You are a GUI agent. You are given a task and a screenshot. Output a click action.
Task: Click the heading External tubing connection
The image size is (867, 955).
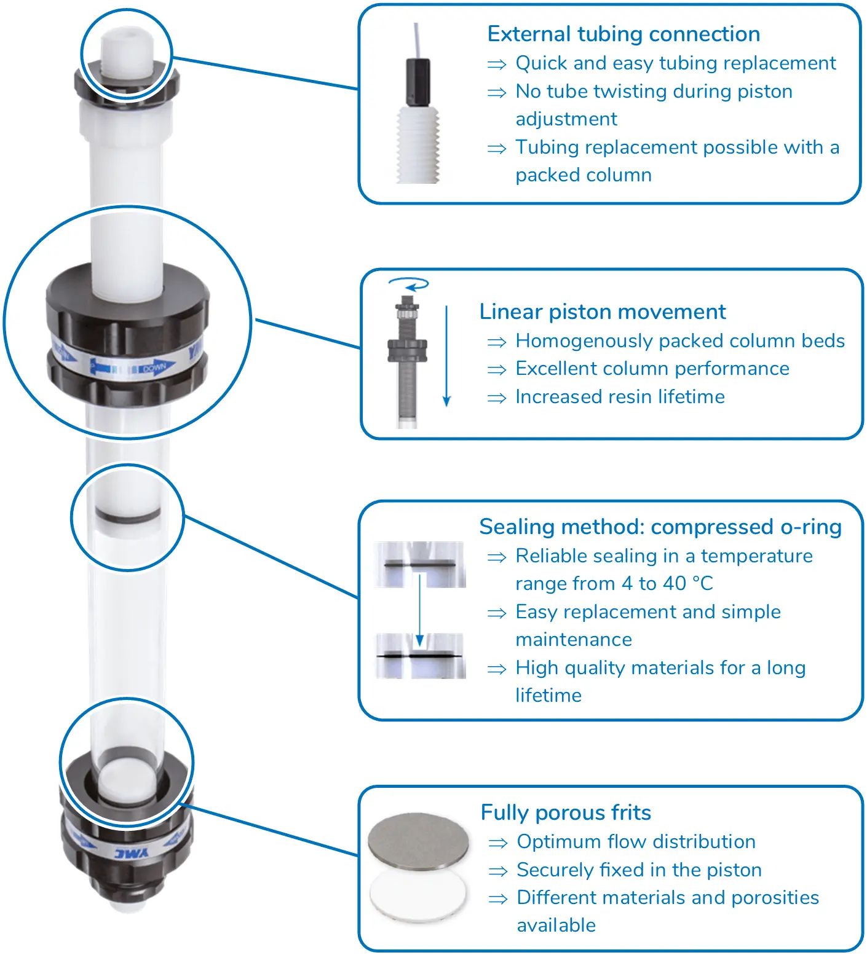click(624, 34)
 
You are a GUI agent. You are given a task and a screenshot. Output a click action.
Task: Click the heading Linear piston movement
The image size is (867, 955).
click(603, 312)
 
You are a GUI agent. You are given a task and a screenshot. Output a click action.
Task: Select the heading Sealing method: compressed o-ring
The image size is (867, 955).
click(660, 527)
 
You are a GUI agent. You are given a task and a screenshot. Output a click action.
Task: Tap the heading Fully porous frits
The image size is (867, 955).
click(566, 813)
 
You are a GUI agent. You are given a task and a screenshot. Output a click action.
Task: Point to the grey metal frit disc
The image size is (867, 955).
click(418, 837)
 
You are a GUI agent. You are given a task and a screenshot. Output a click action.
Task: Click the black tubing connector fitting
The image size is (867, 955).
click(418, 81)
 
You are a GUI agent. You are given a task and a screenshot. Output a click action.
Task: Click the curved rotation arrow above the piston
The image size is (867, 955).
click(408, 283)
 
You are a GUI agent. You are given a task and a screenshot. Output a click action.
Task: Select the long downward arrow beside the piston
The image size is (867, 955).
click(447, 356)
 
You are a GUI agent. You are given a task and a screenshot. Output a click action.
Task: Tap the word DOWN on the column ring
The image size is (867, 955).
click(154, 367)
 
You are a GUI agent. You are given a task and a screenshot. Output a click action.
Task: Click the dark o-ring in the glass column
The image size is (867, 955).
click(127, 514)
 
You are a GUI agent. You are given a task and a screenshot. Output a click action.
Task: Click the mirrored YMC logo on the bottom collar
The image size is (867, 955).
click(132, 853)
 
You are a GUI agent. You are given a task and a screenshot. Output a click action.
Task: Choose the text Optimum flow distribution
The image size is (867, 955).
click(636, 842)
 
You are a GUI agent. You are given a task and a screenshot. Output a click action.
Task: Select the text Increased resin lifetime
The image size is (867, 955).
click(620, 397)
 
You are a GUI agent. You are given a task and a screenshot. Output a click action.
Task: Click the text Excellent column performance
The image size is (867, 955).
click(652, 369)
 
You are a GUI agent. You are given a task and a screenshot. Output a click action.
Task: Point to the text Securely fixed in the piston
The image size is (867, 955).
click(639, 870)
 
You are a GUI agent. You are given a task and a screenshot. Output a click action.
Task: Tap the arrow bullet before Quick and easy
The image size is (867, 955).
click(497, 64)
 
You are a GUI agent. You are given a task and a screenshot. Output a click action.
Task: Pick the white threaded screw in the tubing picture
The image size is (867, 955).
click(418, 144)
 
